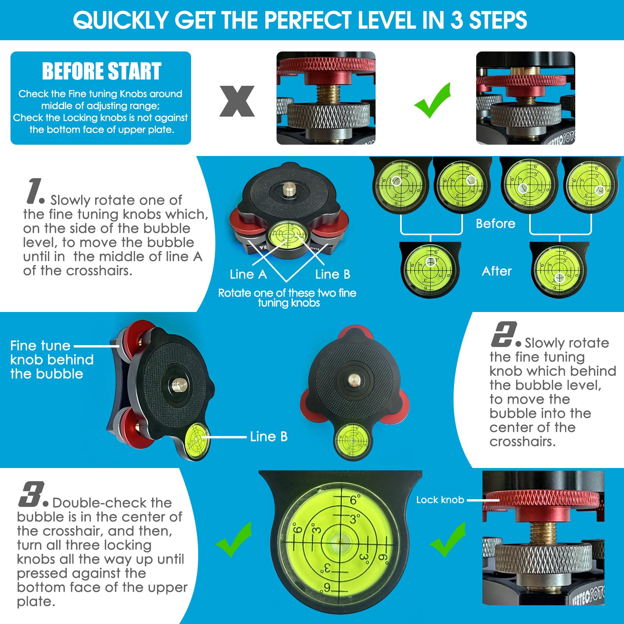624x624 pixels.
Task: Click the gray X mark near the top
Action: [237, 101]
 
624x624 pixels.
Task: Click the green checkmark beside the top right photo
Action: [433, 101]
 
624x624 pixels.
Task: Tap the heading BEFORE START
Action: [101, 71]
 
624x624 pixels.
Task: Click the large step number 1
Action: [35, 191]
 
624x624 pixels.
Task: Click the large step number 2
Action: [503, 335]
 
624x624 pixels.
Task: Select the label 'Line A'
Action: [248, 274]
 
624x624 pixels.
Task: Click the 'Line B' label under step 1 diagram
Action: [333, 274]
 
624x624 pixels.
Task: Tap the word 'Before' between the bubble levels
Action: [495, 223]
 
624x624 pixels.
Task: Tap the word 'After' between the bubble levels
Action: [496, 271]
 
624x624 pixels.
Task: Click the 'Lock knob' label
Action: [440, 500]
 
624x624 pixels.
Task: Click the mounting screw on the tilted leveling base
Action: [179, 385]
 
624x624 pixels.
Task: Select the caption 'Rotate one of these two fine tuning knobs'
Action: [287, 298]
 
